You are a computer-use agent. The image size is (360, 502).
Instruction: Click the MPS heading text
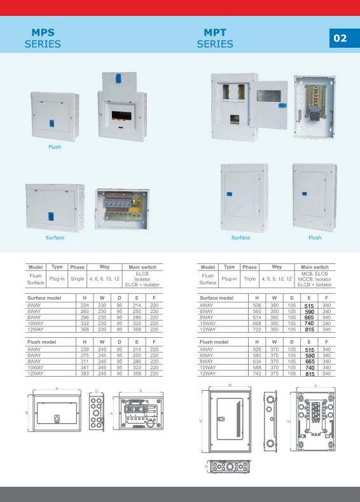[x=43, y=32]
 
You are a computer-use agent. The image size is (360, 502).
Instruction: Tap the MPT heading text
[x=215, y=32]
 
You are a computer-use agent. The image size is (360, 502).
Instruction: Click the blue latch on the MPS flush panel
[x=52, y=123]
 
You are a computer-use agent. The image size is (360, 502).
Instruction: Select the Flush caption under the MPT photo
[x=315, y=237]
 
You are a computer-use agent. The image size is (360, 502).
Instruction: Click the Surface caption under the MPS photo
[x=55, y=237]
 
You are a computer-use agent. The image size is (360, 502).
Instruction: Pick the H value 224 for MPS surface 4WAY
[x=85, y=305]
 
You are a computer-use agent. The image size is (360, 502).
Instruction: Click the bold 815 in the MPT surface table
[x=310, y=330]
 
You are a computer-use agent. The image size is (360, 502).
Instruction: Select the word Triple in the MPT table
[x=249, y=279]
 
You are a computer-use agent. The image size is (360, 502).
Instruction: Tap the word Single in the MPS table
[x=77, y=279]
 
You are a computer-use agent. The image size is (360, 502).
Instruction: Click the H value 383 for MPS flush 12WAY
[x=85, y=373]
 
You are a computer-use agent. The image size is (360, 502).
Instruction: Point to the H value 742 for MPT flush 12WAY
[x=257, y=373]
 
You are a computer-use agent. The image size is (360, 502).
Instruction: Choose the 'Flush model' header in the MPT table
[x=214, y=342]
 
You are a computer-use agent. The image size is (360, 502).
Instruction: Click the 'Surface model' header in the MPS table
[x=44, y=298]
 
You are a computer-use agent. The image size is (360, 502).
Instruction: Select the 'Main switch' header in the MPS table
[x=142, y=267]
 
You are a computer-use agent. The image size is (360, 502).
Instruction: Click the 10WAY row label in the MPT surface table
[x=208, y=323]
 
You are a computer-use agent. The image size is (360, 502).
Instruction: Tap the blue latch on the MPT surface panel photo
[x=230, y=194]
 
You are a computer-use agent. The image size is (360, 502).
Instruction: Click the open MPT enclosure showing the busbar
[x=314, y=107]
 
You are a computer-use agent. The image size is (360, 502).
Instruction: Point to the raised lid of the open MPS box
[x=120, y=87]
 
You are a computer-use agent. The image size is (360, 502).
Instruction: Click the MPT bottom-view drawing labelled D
[x=229, y=466]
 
